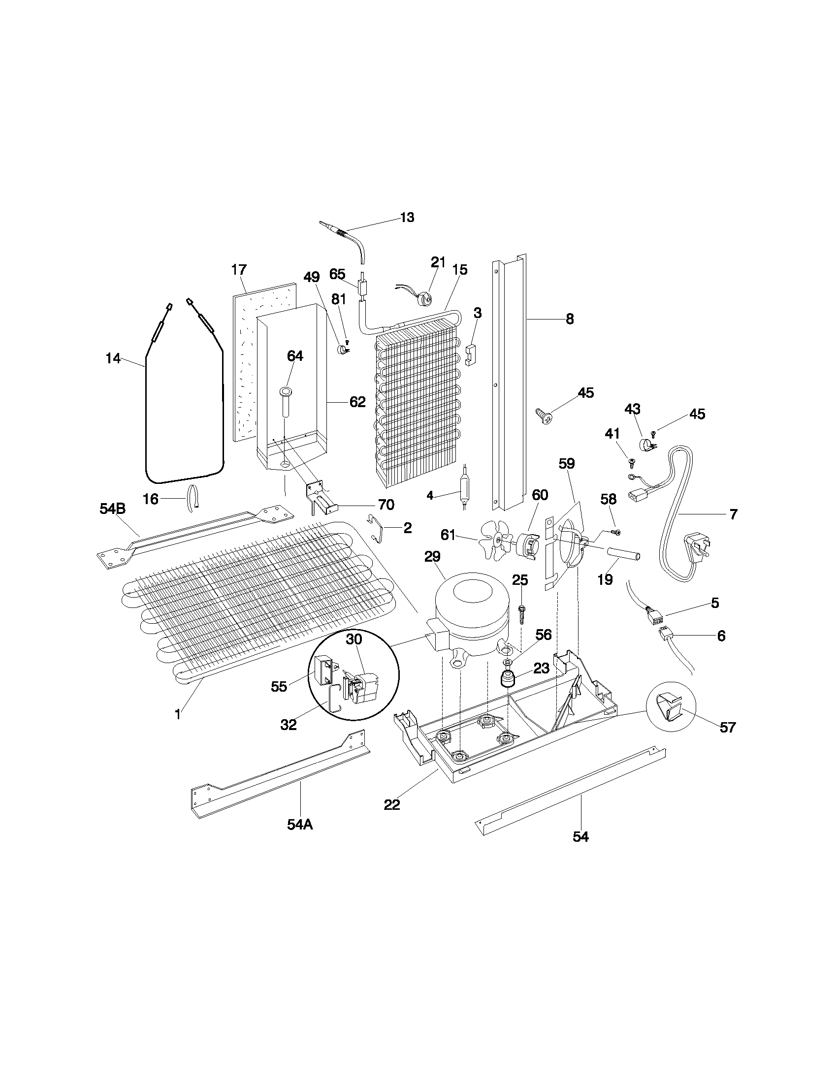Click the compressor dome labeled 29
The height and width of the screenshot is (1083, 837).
click(x=471, y=607)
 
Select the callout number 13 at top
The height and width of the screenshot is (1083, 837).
click(x=407, y=218)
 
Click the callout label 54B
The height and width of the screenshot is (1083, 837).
click(x=113, y=509)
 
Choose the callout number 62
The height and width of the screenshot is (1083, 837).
click(x=357, y=402)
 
